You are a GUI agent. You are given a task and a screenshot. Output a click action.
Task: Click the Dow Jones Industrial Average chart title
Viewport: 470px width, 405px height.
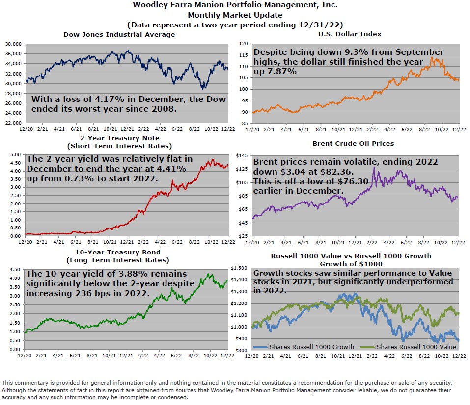coord(119,34)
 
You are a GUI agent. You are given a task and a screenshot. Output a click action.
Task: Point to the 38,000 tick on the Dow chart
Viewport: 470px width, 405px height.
coord(13,44)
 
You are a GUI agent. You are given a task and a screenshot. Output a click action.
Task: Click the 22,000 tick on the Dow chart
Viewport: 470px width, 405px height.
coord(13,123)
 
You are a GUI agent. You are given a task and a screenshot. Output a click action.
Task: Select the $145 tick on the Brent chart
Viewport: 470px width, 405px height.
coord(242,155)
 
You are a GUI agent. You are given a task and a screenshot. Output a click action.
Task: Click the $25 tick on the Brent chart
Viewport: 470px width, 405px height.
coord(243,236)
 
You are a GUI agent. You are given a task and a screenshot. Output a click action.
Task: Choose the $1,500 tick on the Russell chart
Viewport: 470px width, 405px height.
coord(240,268)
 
